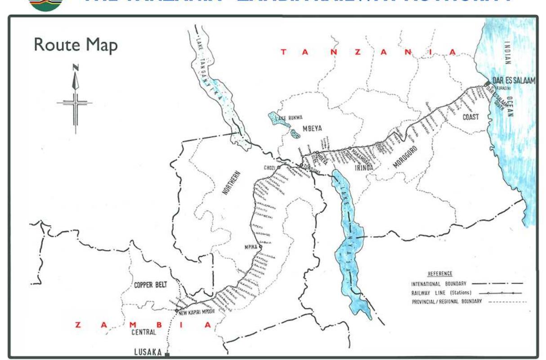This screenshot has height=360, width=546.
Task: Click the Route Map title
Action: click(x=76, y=45)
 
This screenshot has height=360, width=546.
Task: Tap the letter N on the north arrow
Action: click(x=76, y=67)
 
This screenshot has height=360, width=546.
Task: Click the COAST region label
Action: click(x=471, y=117)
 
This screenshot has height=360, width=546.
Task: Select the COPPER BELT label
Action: click(x=150, y=285)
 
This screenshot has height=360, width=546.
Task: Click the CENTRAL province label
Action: click(x=143, y=333)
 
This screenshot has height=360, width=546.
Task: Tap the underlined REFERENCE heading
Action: click(x=440, y=274)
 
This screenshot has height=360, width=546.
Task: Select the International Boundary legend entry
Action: click(x=439, y=284)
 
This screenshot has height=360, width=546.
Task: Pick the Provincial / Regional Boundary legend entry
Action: click(x=447, y=302)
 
